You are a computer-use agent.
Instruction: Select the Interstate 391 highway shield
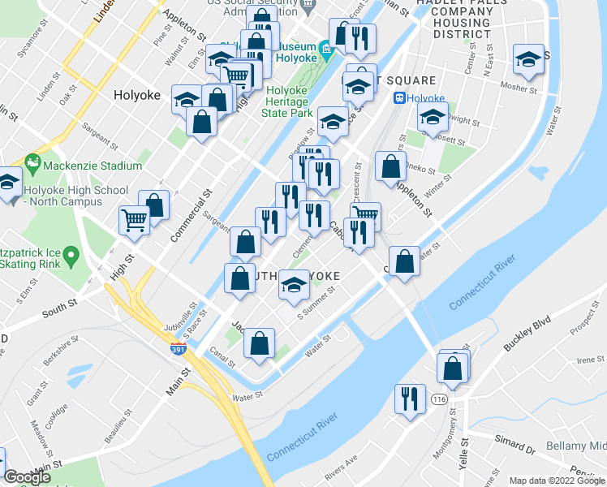click(179, 349)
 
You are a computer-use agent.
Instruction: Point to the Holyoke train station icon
click(399, 98)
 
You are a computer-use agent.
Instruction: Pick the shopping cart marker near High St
click(134, 220)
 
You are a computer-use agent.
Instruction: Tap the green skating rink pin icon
click(71, 257)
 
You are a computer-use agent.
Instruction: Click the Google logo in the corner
click(28, 477)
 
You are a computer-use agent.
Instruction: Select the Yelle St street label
click(465, 454)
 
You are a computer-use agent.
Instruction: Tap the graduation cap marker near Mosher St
click(528, 60)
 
